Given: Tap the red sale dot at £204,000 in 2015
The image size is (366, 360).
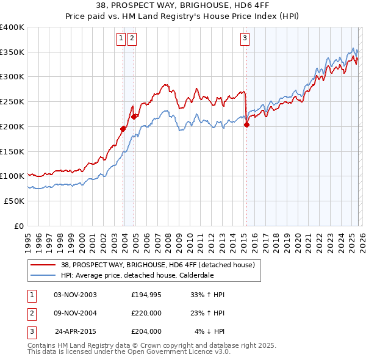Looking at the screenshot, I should pyautogui.click(x=246, y=124).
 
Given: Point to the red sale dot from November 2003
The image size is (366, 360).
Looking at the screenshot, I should pyautogui.click(x=123, y=129).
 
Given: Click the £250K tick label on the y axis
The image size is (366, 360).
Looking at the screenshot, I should pyautogui.click(x=12, y=101).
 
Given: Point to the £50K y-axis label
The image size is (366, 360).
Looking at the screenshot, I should pyautogui.click(x=14, y=200).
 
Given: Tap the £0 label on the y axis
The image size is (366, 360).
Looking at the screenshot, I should pyautogui.click(x=20, y=225).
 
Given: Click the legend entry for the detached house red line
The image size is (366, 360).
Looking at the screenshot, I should pyautogui.click(x=161, y=264).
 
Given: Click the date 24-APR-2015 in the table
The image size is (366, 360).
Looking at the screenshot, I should pyautogui.click(x=76, y=331).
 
